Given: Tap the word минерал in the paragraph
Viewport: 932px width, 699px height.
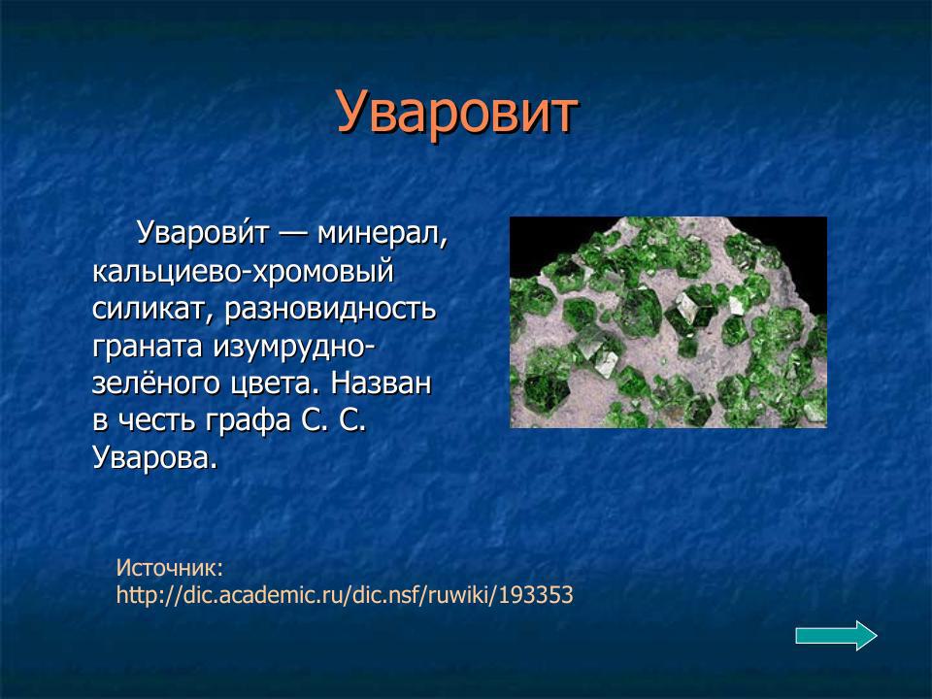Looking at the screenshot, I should pos(384,234).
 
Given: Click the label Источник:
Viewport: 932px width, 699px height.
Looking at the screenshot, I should pos(170,567).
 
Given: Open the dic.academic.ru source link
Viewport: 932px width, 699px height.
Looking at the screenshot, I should pos(345,594).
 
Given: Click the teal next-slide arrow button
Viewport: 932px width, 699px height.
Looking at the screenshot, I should pos(836,635).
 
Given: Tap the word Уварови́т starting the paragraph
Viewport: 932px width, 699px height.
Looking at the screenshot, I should pos(199,234).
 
